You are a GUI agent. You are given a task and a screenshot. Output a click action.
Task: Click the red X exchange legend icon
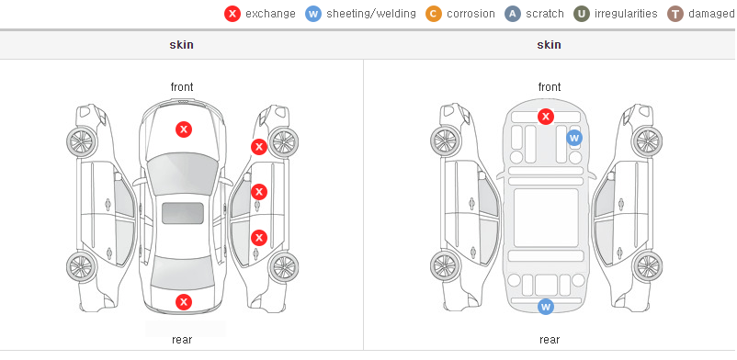point(232,14)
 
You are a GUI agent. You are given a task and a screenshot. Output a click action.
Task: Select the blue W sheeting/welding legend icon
point(313,14)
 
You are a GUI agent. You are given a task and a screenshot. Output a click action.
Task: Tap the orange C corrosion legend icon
point(434,14)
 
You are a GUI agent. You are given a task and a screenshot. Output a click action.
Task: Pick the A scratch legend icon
point(513,14)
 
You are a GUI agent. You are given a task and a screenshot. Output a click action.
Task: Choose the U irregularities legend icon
point(582,14)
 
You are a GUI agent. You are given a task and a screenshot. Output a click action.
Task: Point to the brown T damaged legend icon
point(675,14)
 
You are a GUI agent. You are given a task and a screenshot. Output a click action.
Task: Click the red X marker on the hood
point(184,129)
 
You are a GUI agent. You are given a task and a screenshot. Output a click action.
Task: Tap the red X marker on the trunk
point(184,302)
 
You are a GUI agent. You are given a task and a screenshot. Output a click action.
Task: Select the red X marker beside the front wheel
point(259,147)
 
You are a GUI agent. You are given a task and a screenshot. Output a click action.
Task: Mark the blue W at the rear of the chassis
point(546,307)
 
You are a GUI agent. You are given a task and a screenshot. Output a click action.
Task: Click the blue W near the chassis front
point(574,138)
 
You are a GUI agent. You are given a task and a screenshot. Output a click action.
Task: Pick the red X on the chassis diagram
point(546,116)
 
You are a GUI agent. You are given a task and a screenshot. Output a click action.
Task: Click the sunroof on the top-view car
point(183,213)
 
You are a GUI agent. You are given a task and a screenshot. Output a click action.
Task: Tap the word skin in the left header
point(181,45)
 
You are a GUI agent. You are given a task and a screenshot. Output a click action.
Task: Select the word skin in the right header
point(549,45)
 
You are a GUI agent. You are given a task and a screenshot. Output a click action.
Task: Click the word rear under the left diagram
point(182,340)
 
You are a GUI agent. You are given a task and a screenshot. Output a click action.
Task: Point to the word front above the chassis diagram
point(550,87)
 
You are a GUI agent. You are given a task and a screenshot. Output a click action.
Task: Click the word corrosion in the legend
point(471,14)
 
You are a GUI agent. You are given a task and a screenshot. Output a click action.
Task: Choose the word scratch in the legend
point(545,14)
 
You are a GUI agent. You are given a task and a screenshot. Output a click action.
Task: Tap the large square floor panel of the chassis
point(546,218)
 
